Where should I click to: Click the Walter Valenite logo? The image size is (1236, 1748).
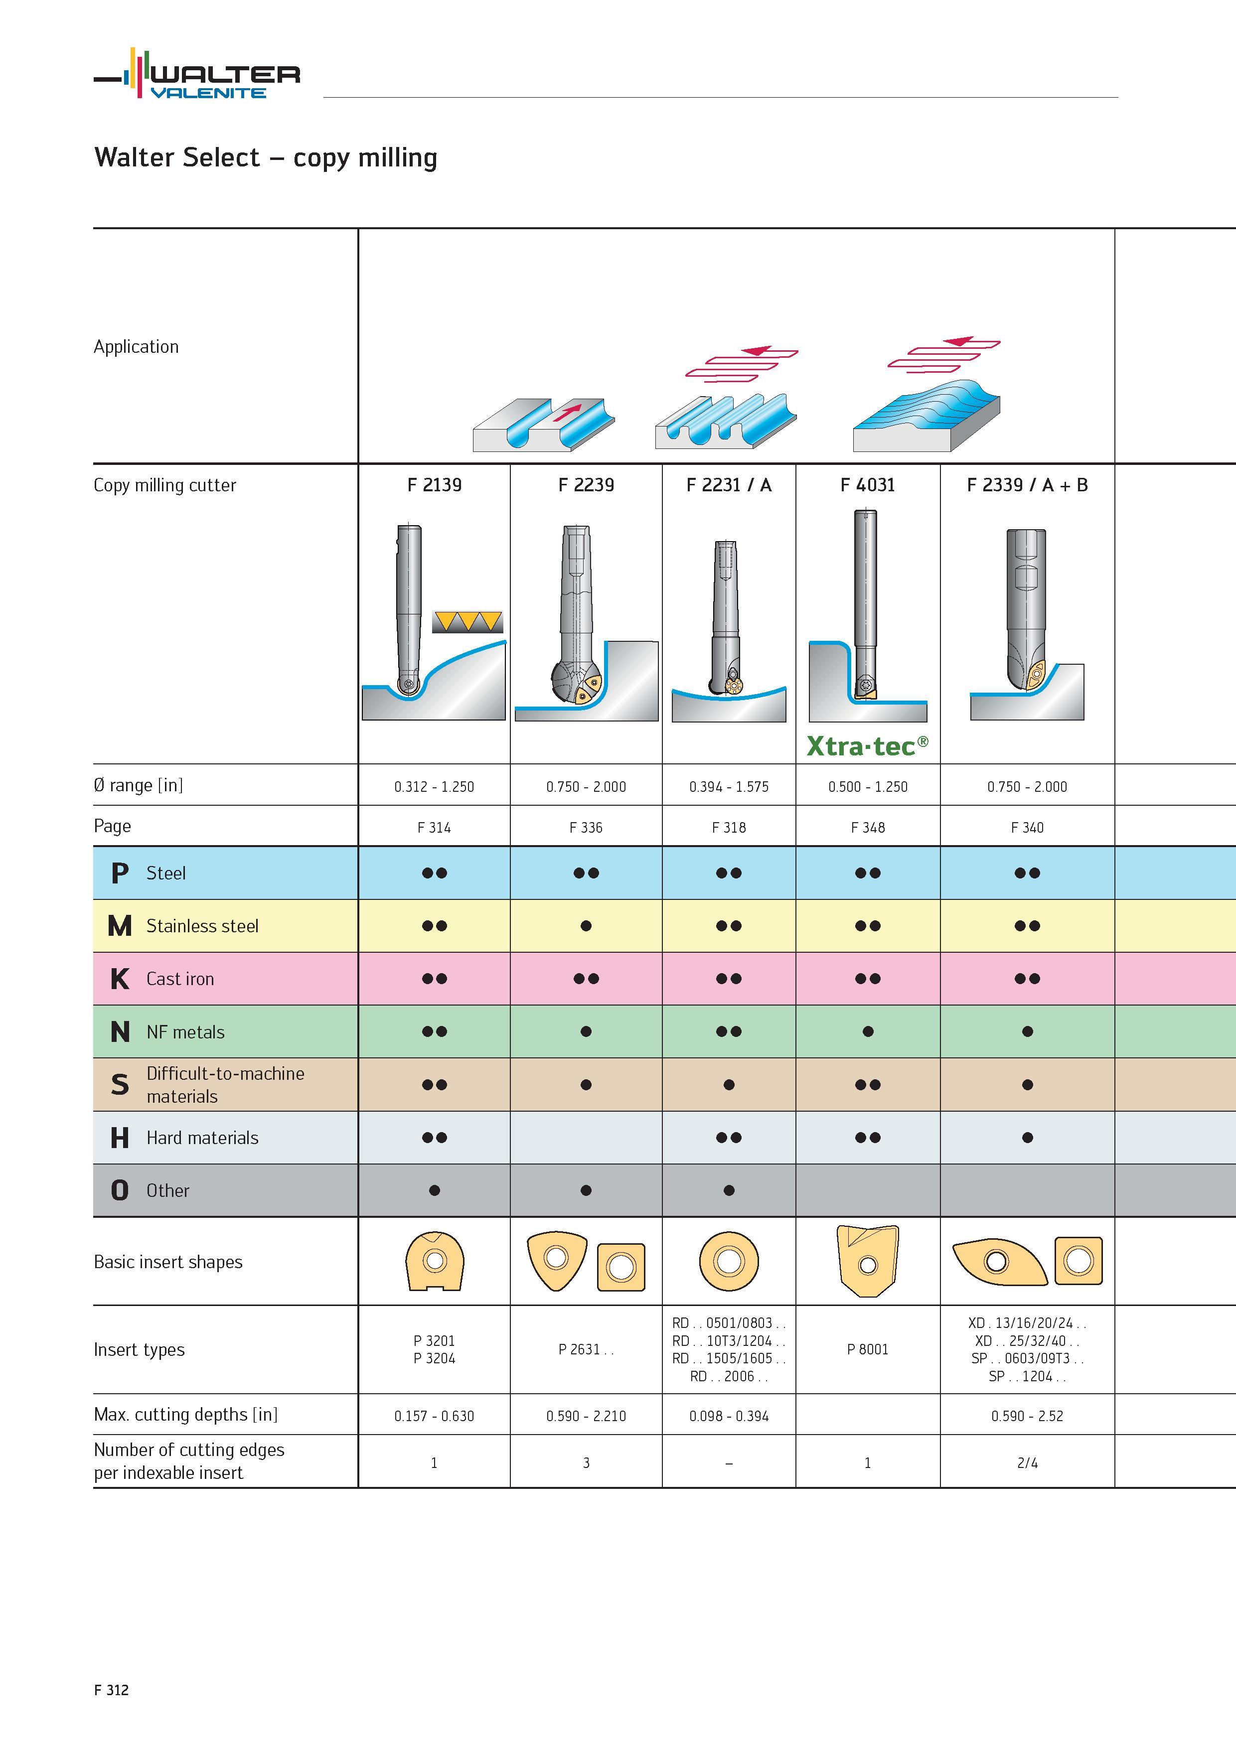click(196, 73)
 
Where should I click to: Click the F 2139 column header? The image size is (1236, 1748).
click(434, 485)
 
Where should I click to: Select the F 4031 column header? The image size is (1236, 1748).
click(867, 485)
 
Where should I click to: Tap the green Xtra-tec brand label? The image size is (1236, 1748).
click(867, 745)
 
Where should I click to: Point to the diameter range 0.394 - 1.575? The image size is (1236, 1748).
click(729, 786)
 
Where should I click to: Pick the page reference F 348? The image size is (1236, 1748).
click(867, 828)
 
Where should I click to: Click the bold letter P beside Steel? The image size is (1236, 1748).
click(120, 873)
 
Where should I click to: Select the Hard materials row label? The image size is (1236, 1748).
click(202, 1138)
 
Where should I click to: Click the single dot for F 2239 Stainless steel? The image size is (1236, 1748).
click(586, 926)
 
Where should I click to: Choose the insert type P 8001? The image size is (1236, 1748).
click(867, 1349)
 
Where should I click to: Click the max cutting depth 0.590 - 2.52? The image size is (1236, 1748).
click(1027, 1416)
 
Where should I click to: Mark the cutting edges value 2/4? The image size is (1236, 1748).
click(1027, 1462)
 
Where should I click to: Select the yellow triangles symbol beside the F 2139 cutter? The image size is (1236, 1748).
click(467, 621)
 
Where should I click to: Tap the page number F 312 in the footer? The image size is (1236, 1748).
click(111, 1690)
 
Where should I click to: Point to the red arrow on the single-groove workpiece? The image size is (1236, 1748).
click(567, 412)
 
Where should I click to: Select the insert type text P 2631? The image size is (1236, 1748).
click(586, 1349)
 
